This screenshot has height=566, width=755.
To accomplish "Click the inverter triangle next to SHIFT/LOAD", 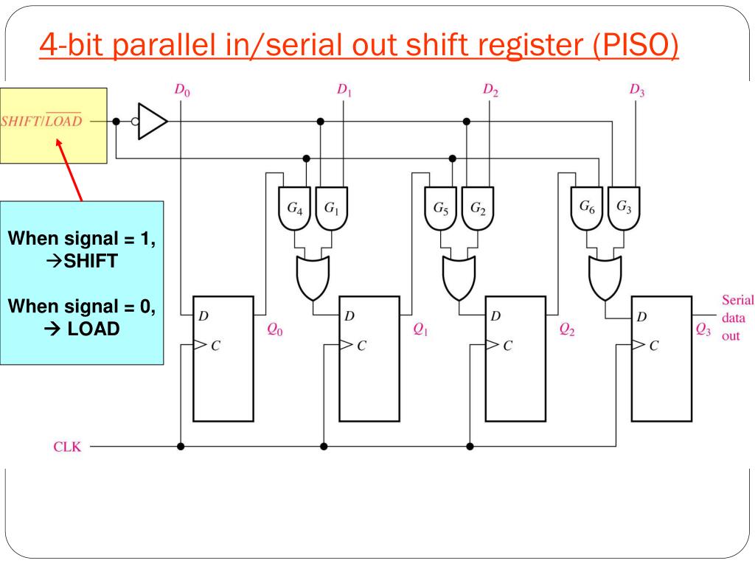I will (153, 121).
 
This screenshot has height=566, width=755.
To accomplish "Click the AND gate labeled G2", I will (478, 209).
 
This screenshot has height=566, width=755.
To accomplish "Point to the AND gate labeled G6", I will (588, 209).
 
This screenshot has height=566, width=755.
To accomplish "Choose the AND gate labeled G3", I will (624, 209).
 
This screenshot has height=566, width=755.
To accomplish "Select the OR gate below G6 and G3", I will (605, 276).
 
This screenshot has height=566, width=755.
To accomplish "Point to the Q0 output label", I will (274, 331).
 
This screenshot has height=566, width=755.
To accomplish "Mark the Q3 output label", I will (704, 331).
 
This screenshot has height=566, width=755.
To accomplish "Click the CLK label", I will (69, 447).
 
